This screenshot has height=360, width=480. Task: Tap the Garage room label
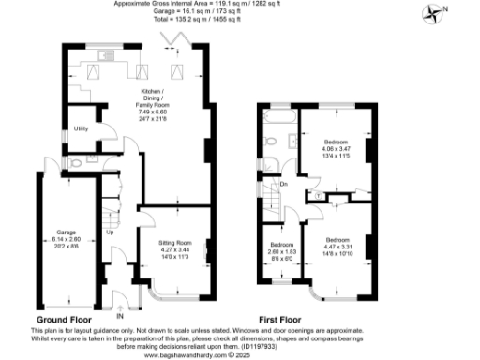[x=66, y=234]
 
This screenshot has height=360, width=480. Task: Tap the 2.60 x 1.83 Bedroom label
[x=276, y=251]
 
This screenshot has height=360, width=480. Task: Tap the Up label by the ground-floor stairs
[x=110, y=232]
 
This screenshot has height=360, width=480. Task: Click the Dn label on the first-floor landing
[x=284, y=185]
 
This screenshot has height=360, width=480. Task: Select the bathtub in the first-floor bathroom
[x=278, y=121]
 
